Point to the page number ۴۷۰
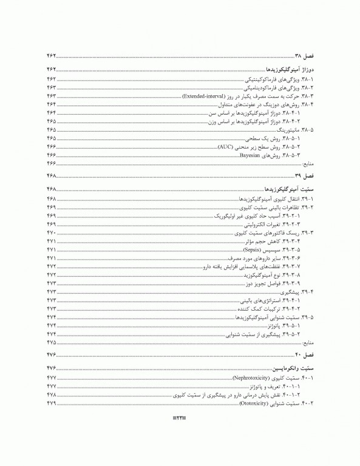51,233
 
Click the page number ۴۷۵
51,343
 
